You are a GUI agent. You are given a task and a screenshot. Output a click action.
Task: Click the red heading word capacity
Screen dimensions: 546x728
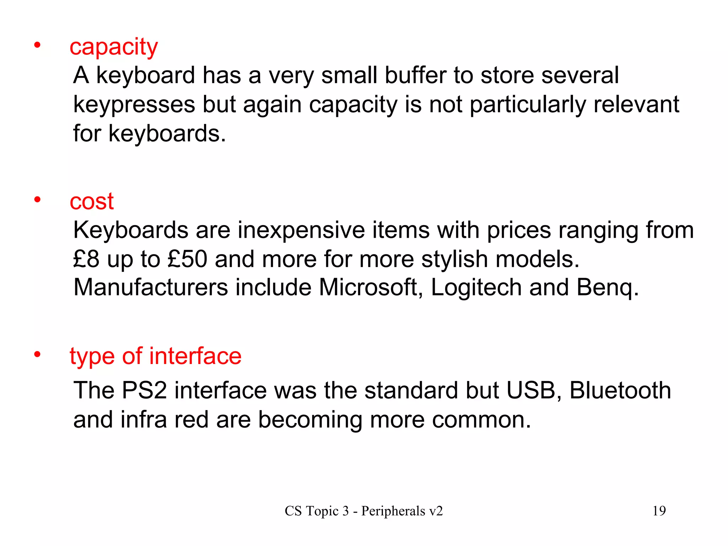pyautogui.click(x=113, y=47)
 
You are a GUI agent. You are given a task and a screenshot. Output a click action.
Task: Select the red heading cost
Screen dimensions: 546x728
pyautogui.click(x=91, y=202)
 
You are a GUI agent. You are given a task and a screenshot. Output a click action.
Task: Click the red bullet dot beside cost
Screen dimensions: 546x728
pyautogui.click(x=37, y=199)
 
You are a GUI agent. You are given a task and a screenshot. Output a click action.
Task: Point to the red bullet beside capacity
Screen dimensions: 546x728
pyautogui.click(x=37, y=45)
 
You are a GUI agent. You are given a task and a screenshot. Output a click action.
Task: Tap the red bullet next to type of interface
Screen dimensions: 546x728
pyautogui.click(x=37, y=354)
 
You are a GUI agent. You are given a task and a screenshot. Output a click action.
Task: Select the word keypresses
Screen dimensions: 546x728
pyautogui.click(x=134, y=105)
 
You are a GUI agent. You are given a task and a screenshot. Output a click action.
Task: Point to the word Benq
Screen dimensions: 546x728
pyautogui.click(x=607, y=288)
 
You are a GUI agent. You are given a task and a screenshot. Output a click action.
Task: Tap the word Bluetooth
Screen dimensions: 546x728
pyautogui.click(x=620, y=390)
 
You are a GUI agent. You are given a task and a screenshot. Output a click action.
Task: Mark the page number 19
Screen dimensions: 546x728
pyautogui.click(x=659, y=511)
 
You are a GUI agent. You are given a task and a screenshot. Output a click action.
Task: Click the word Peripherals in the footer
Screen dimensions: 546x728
pyautogui.click(x=393, y=511)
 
